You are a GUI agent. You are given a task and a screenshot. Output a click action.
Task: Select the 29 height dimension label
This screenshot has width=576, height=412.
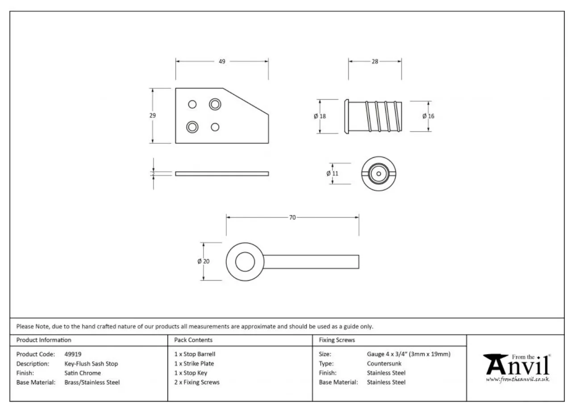click(153, 116)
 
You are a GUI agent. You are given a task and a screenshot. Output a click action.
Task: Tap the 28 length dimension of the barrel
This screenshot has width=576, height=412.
click(375, 62)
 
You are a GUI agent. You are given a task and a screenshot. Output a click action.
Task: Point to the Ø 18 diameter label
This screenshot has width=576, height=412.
click(320, 116)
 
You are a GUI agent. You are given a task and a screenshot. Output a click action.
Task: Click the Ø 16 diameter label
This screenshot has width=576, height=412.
click(428, 116)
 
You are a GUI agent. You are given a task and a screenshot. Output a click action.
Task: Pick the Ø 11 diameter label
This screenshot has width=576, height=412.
click(332, 174)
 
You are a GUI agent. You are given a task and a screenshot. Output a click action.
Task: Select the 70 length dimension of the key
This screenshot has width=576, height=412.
click(292, 218)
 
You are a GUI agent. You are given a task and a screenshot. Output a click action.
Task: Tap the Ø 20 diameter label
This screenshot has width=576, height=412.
click(204, 261)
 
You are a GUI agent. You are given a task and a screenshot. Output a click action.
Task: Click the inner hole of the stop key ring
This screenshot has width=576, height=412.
click(245, 262)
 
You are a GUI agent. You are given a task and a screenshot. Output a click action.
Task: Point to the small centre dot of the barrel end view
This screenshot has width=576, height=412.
click(379, 174)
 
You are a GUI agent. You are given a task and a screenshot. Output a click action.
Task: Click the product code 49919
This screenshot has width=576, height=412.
click(73, 354)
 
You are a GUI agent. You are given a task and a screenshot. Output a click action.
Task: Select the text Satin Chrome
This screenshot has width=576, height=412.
click(83, 373)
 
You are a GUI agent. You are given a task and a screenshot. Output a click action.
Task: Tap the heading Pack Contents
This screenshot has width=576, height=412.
click(193, 340)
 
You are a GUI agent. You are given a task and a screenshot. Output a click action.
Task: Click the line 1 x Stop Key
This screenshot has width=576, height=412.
click(191, 373)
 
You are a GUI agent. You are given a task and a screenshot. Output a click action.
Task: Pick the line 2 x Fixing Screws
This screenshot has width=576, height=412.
click(197, 383)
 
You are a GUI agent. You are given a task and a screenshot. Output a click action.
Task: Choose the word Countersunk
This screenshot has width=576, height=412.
click(384, 364)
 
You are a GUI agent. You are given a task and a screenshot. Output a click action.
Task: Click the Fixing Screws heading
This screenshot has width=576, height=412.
click(337, 340)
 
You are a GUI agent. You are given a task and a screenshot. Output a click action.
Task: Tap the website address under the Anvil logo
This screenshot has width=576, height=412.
click(518, 379)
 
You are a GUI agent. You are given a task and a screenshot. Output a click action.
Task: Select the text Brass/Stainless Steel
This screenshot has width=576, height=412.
click(92, 383)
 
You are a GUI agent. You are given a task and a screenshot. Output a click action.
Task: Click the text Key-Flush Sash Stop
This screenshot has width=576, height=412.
click(91, 364)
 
